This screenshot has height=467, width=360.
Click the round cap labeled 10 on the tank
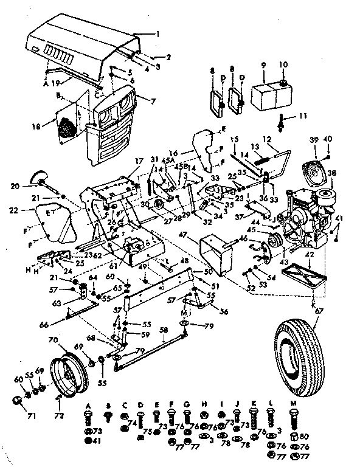284,83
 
